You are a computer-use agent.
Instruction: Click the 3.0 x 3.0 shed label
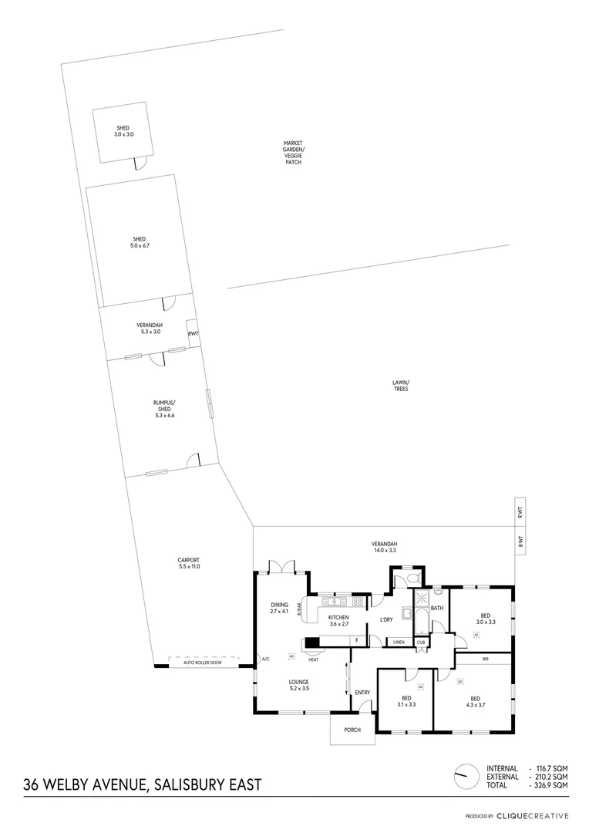click(x=123, y=131)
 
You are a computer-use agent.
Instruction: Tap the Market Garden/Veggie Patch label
click(x=293, y=153)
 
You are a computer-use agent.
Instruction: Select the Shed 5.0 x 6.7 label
click(x=139, y=242)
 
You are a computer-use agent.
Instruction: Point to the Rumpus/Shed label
click(x=164, y=409)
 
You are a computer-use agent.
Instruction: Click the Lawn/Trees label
click(x=400, y=386)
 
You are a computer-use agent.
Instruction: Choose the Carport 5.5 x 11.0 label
click(x=189, y=564)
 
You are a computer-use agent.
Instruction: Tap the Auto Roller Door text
click(x=202, y=663)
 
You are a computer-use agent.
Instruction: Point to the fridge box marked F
click(x=356, y=641)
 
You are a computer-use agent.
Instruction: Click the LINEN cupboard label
click(x=398, y=642)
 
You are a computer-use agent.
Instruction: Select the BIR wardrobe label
click(x=485, y=659)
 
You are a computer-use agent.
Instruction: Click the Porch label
click(x=352, y=730)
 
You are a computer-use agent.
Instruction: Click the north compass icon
click(x=465, y=774)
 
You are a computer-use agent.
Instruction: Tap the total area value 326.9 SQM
click(x=552, y=785)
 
